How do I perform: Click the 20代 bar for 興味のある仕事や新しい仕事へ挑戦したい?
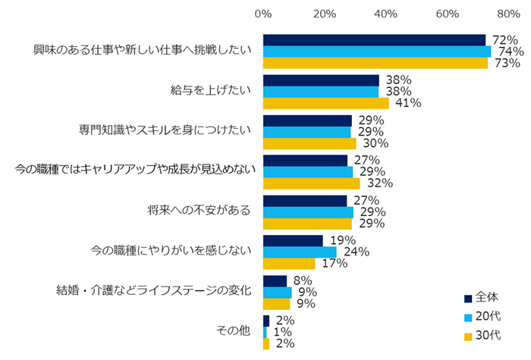pos(377,52)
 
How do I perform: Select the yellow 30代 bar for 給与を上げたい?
pos(326,103)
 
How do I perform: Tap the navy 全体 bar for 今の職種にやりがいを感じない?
pos(293,240)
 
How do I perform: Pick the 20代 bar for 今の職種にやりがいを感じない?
pos(300,252)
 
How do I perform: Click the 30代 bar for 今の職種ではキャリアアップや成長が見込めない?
pos(312,183)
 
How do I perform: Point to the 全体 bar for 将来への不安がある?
pos(305,200)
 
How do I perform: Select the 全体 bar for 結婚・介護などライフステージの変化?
pos(275,281)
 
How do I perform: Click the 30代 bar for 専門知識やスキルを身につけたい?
pos(309,143)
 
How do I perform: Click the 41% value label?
pos(406,103)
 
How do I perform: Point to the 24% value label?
pos(353,252)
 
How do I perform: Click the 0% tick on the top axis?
pos(263,14)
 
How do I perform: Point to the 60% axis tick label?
pos(448,14)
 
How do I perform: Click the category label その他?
pos(233,331)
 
